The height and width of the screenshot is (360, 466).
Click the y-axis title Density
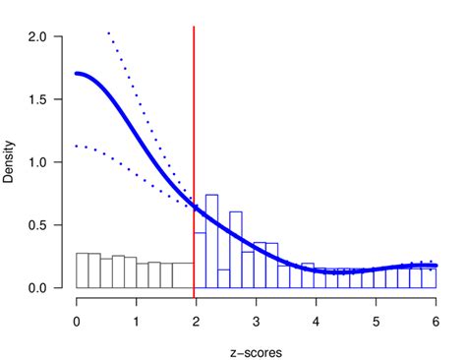click(x=9, y=163)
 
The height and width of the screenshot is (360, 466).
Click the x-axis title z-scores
click(x=256, y=347)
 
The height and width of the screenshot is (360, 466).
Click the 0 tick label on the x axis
click(x=77, y=320)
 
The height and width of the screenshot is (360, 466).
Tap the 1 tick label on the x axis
click(x=137, y=320)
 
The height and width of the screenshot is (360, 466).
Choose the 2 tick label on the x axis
click(x=197, y=320)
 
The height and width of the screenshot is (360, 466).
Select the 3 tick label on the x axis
click(x=257, y=320)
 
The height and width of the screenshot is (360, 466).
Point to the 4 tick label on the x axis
click(x=317, y=320)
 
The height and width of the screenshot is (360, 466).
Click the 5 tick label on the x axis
click(x=377, y=320)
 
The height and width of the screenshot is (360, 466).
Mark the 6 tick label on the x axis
click(x=436, y=320)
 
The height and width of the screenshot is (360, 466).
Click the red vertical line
click(x=194, y=118)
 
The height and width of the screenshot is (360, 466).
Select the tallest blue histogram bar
click(x=211, y=241)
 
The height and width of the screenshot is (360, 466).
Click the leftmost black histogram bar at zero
click(x=83, y=270)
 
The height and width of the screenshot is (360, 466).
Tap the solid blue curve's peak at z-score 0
click(x=78, y=73)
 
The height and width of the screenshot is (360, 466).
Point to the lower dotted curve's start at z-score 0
click(x=78, y=146)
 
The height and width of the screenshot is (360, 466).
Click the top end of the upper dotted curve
click(x=108, y=32)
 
